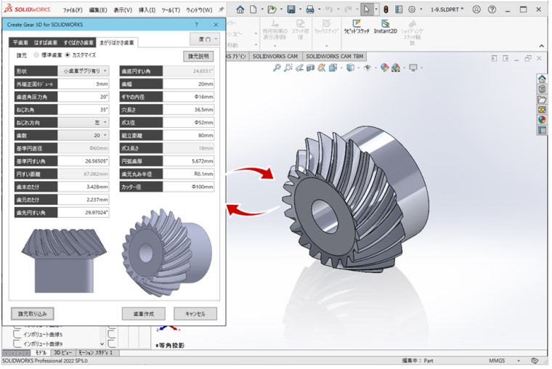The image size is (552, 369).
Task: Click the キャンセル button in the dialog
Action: click(195, 314)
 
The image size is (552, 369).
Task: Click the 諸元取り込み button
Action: click(33, 314)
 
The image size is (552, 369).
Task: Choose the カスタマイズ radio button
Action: click(68, 55)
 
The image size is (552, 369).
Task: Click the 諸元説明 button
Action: click(198, 56)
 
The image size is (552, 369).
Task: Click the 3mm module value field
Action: click(84, 84)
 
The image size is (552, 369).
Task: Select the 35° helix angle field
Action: click(84, 110)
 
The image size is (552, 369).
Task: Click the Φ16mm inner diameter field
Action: click(187, 97)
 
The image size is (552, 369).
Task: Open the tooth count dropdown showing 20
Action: click(84, 135)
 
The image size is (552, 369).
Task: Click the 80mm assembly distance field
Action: click(187, 135)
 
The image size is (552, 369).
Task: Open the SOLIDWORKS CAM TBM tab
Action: click(336, 56)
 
